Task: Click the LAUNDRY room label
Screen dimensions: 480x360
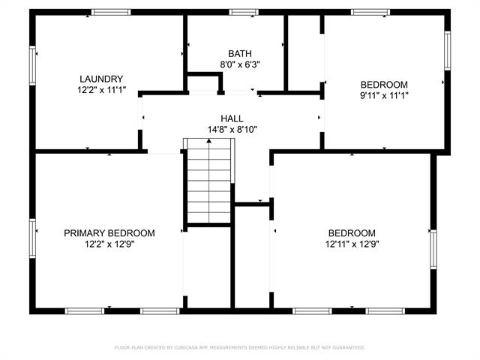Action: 101,79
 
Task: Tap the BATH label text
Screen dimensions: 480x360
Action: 240,53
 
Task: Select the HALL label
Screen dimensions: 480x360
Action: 232,118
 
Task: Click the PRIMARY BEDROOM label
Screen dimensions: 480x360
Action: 109,233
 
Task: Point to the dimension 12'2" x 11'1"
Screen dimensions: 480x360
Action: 102,90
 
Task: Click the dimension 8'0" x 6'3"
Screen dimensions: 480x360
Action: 240,65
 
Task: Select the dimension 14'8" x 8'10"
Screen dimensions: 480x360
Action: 232,130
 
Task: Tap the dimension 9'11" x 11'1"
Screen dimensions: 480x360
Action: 384,96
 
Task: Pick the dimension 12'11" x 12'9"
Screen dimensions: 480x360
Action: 352,244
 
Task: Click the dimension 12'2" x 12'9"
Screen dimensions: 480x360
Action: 109,244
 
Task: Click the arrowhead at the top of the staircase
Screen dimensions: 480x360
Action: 208,141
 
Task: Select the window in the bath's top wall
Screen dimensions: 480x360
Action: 244,12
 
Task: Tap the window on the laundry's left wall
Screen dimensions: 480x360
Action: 32,65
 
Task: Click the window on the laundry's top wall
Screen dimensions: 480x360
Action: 111,12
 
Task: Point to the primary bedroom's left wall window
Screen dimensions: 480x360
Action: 32,238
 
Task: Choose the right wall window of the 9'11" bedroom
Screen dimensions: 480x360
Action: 447,50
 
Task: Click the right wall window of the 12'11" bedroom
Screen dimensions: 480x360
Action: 433,250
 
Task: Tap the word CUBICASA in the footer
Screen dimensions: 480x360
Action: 186,347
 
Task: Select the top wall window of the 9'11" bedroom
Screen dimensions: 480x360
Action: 370,12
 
